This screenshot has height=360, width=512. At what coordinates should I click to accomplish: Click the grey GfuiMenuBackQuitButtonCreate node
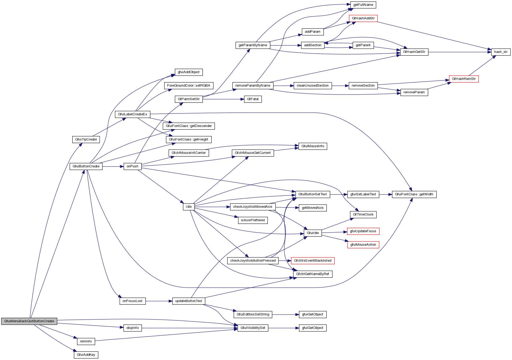pos(29,321)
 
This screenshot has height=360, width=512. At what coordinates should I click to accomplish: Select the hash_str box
pos(501,52)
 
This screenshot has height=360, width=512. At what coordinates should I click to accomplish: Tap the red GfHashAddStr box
pos(363,18)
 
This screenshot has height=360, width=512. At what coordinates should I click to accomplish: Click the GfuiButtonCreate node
pos(86,166)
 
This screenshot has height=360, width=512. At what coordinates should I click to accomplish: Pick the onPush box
pos(132,166)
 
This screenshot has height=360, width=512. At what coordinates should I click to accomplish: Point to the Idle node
pos(189,207)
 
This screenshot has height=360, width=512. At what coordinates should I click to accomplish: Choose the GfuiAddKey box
pos(86,355)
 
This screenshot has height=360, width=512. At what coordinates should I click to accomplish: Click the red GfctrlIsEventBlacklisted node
pos(312,261)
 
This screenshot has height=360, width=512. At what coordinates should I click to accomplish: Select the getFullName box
pos(363,5)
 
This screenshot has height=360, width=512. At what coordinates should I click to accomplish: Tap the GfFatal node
pos(252,99)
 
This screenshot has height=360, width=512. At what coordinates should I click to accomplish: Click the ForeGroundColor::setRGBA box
pos(188,86)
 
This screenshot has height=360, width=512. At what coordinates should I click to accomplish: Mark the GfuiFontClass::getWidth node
pos(414,194)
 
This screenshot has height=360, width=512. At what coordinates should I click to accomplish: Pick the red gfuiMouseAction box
pos(363,245)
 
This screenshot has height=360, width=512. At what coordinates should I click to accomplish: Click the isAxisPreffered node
pos(253,220)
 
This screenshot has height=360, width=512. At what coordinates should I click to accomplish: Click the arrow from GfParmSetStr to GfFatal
pos(223,99)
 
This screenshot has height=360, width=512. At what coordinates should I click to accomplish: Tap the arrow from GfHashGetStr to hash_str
pos(460,52)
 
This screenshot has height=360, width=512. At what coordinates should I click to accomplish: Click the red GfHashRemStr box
pos(464,79)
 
